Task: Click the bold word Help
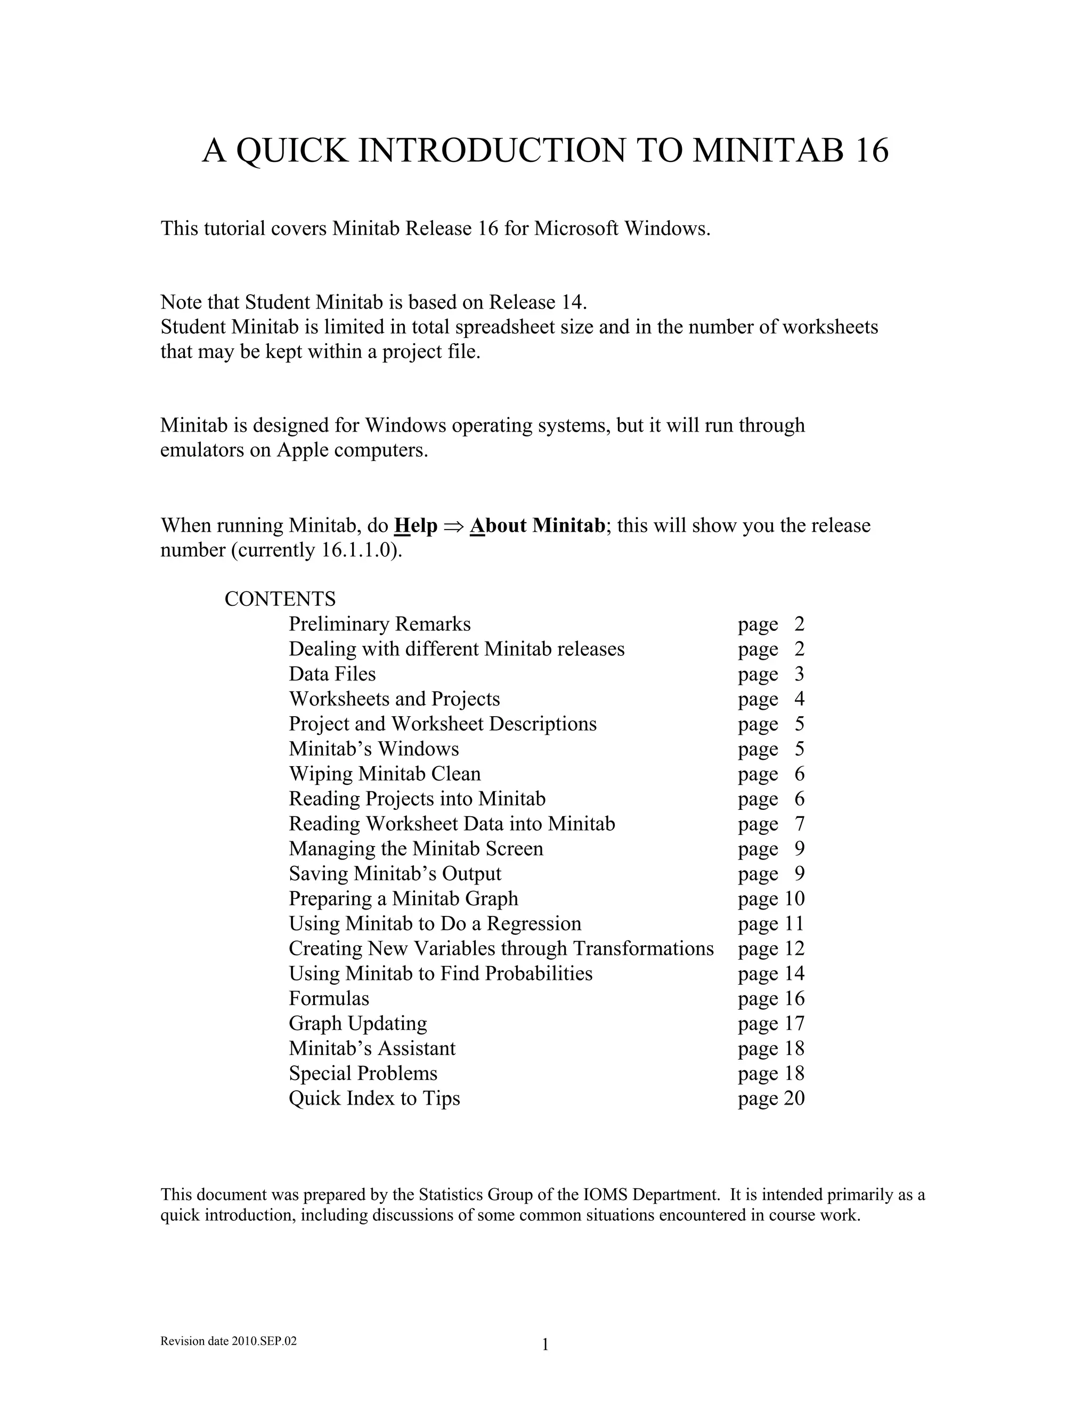(416, 525)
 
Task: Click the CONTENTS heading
(280, 599)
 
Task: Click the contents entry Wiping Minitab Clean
(385, 774)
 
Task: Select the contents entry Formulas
(329, 998)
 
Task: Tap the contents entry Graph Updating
(357, 1024)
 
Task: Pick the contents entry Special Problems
(363, 1073)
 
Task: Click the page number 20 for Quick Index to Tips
(794, 1099)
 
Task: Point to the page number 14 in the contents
(794, 973)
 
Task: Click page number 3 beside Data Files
(800, 673)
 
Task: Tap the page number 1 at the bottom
(545, 1345)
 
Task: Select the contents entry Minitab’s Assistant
(372, 1048)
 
